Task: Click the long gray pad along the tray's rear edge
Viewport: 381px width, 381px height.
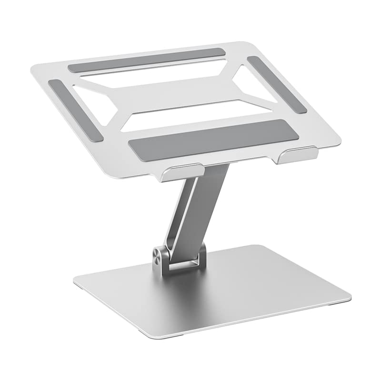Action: [146, 60]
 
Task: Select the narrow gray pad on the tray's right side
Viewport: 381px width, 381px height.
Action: [277, 85]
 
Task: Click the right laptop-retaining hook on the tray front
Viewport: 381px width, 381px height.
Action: [297, 155]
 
